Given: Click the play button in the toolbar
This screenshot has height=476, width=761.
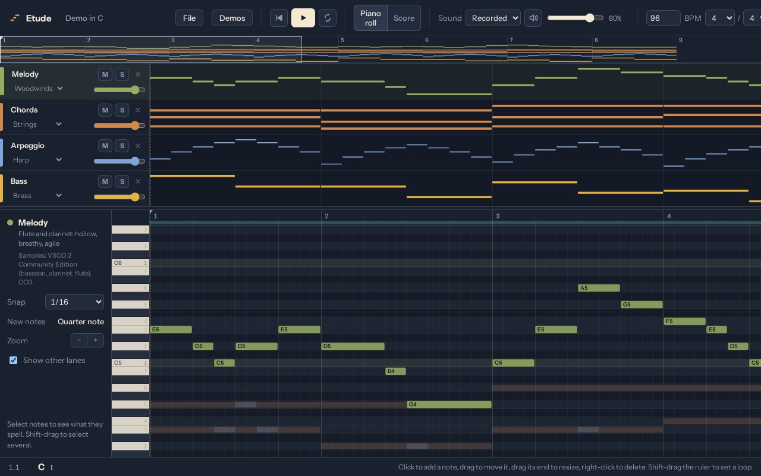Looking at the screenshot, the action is [x=303, y=18].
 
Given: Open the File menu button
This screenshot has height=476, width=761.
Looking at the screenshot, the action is [x=189, y=18].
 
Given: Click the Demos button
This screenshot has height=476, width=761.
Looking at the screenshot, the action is [x=232, y=18].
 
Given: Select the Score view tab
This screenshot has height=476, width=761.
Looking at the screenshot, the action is [x=404, y=18].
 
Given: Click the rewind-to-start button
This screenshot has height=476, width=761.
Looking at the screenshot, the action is [x=279, y=18].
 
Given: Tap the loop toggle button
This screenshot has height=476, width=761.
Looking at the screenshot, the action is [x=328, y=18].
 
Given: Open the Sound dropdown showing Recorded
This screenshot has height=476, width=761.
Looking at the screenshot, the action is [x=493, y=18].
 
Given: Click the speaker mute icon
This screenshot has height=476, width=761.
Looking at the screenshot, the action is [x=533, y=18].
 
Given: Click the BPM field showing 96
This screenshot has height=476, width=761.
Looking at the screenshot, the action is [x=663, y=18].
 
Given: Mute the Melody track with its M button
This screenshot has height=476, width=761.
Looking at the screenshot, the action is [x=105, y=74].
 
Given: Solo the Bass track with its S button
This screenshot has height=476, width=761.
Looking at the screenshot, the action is [x=122, y=181].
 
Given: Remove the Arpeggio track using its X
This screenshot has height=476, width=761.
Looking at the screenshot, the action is [x=137, y=146].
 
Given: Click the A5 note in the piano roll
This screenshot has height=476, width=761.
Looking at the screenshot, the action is [x=599, y=288].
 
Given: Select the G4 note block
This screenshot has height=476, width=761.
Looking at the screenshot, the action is [x=449, y=405].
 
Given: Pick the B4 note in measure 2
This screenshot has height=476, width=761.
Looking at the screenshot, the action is [x=395, y=371].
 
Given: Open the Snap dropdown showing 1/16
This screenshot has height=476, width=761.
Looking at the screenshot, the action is [x=74, y=302].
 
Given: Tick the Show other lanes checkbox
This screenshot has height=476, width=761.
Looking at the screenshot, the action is [x=13, y=361].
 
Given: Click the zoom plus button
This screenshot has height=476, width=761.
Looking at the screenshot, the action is [x=96, y=340].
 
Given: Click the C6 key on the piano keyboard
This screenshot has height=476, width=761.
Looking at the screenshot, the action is [x=130, y=263].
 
